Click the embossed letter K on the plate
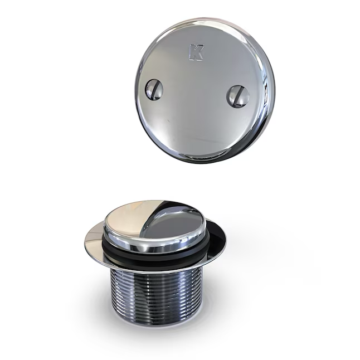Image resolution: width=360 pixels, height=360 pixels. (x=196, y=52)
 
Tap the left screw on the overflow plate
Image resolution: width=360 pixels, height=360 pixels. (x=154, y=90)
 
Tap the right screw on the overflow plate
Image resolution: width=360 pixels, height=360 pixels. (x=238, y=96)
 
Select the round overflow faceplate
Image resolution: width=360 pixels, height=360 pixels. (x=205, y=90)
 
